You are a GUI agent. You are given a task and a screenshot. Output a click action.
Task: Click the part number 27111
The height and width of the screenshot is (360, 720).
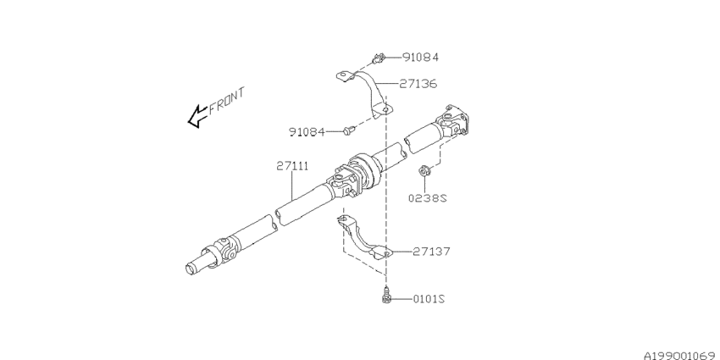291,166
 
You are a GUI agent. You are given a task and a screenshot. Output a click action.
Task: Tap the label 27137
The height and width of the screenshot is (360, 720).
431,252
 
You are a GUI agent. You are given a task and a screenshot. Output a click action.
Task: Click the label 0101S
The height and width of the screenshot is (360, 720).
429,299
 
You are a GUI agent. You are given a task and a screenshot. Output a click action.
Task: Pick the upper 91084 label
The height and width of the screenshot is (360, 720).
420,58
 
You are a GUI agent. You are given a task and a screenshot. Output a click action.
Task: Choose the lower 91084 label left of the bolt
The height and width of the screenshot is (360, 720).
308,131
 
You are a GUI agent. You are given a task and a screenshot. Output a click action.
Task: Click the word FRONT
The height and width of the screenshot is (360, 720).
226,98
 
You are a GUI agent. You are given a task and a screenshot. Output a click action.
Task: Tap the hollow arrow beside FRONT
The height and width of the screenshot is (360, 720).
197,116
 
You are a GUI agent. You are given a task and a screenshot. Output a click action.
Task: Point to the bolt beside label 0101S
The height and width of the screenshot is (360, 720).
386,296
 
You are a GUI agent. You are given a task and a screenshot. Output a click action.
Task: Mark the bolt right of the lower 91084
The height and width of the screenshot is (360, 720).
348,130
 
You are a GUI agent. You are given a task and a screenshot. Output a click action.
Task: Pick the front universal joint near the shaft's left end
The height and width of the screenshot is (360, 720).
223,251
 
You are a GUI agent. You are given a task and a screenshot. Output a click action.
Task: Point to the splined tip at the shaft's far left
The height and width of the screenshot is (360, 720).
193,267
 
